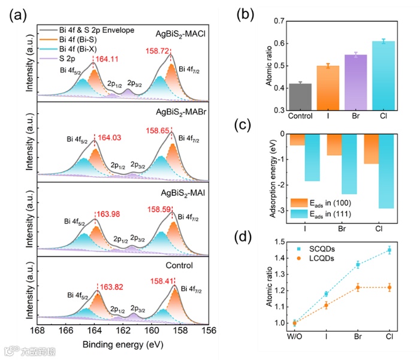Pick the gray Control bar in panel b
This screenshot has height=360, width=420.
[x=300, y=97]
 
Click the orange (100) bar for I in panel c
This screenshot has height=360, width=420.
[x=297, y=140]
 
